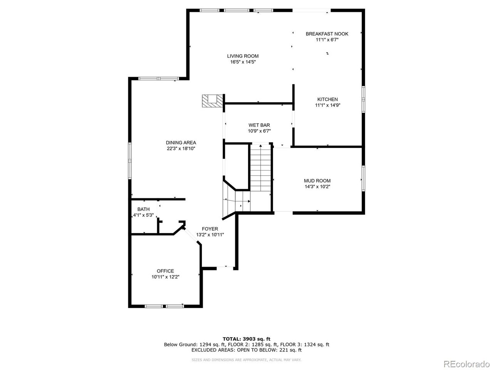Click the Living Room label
coord(243,56)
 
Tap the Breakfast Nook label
coord(327,34)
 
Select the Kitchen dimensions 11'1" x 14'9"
coord(327,105)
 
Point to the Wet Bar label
coord(259,125)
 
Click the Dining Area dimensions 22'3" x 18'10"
coord(181,148)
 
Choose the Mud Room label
coord(317,181)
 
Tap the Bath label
coord(143,209)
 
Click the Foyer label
coord(210,229)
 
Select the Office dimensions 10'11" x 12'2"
coord(165,277)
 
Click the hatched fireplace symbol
coord(213,101)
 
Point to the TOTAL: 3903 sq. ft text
coord(246,339)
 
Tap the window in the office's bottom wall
coord(164,306)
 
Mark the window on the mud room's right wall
coord(363,178)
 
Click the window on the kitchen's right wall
coord(363,99)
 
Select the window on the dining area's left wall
coord(130,161)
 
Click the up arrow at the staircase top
coord(260,146)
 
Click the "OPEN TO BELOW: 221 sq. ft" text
coord(270,350)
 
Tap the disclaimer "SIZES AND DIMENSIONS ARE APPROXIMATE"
coord(229,360)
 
